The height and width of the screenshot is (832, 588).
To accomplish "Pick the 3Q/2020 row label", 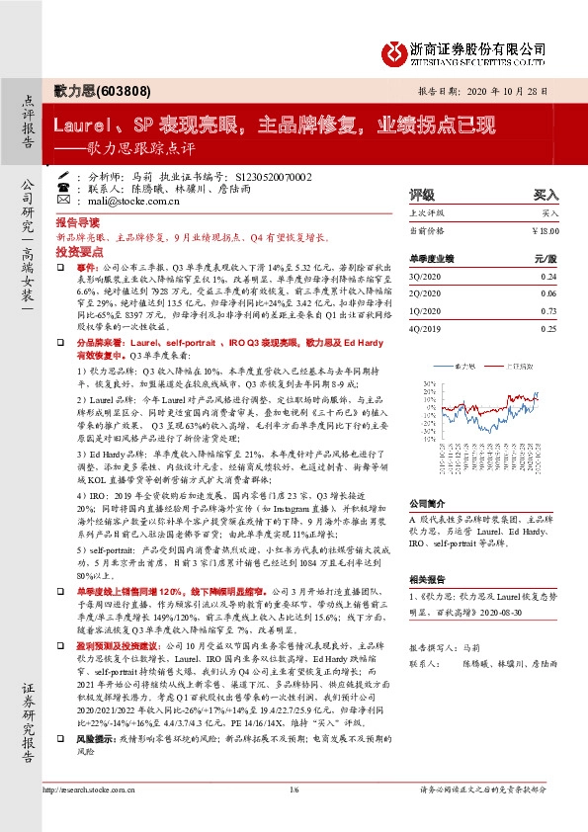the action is click(425, 279).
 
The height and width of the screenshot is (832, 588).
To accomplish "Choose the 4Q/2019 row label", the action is click(425, 327).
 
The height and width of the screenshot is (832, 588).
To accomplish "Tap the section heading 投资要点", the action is click(78, 253).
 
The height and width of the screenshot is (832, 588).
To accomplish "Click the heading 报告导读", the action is click(78, 223).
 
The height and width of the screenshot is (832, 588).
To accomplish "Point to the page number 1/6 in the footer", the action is click(294, 815).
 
